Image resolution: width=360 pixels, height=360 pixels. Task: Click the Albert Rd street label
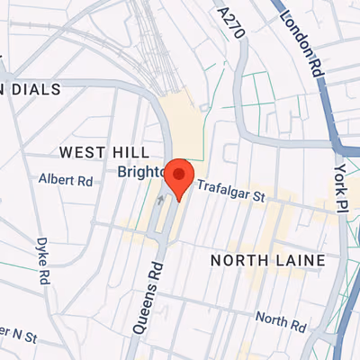coord(66,180)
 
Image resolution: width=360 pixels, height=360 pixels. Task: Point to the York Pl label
coord(339,181)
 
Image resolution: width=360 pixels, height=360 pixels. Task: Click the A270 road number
coord(231,23)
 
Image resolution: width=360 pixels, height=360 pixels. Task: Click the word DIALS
coord(36,89)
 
